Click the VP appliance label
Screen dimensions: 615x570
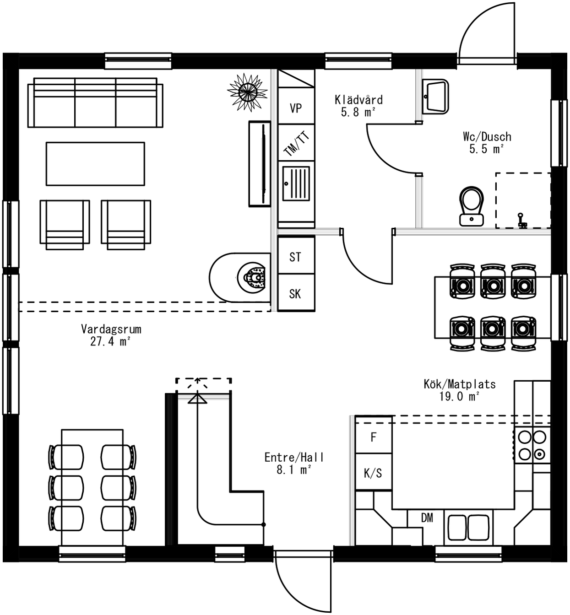[296, 108]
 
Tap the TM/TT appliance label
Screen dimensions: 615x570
[297, 143]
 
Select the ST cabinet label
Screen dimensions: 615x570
[295, 257]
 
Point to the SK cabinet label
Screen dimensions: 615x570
[295, 294]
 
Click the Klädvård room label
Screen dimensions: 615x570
[358, 100]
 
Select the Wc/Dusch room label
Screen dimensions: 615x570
[487, 136]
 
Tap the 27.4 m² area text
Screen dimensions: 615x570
[110, 341]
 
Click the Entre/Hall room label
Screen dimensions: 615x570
[294, 457]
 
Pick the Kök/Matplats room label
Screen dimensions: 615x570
[459, 384]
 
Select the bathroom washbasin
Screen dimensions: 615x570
[435, 96]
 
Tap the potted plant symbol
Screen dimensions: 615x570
[247, 92]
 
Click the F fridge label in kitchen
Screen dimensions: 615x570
[374, 437]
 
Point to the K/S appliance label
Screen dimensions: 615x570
[373, 473]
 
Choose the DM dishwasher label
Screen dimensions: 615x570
[427, 518]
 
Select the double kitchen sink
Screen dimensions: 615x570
[467, 527]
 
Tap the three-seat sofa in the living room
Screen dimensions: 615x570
[95, 102]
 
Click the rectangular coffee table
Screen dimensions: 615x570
[95, 163]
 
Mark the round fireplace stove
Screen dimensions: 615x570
[252, 277]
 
